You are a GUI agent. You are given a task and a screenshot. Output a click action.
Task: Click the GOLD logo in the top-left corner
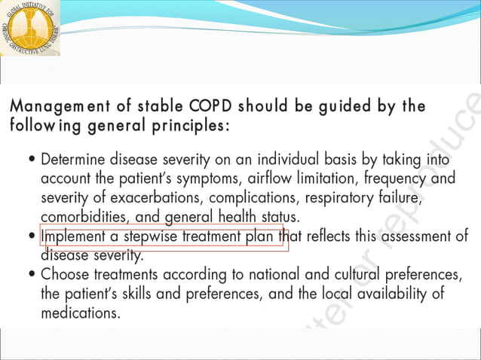29,28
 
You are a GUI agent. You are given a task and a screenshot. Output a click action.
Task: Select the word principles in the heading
181,125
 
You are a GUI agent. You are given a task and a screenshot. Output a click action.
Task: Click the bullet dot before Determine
30,161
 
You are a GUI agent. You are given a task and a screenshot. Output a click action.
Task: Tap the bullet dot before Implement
30,237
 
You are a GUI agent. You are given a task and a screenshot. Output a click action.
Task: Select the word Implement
75,236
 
